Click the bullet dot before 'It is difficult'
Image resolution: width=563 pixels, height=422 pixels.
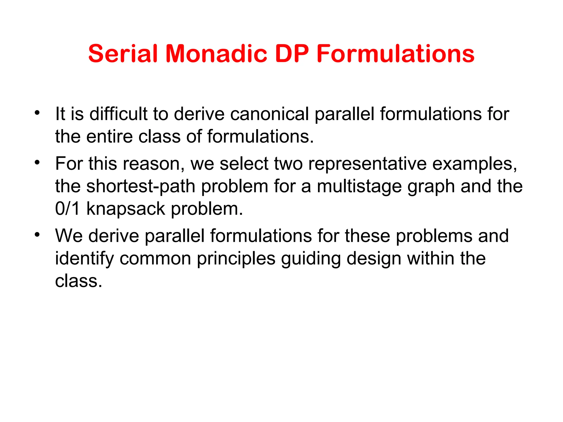point(37,112)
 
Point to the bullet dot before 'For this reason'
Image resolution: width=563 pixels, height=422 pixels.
point(37,162)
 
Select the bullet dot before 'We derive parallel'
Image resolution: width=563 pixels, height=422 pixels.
point(37,234)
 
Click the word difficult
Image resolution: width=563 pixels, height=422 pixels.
point(118,114)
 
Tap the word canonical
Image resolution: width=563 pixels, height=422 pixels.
point(269,114)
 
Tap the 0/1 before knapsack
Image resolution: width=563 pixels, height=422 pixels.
point(68,209)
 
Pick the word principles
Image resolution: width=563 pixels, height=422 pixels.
point(236,259)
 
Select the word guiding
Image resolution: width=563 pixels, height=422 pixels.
point(311,259)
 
